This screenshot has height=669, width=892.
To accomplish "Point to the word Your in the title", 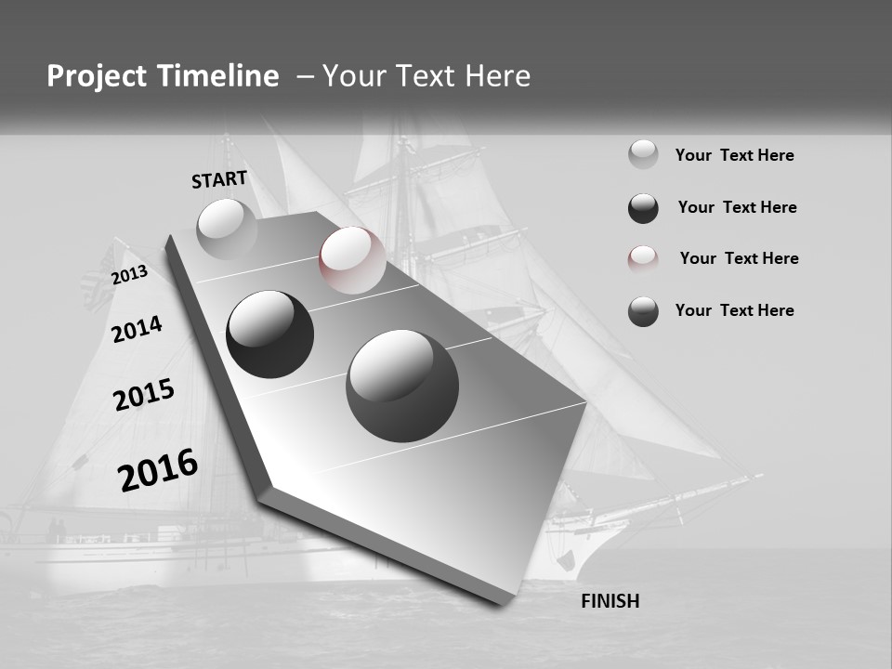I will [352, 76].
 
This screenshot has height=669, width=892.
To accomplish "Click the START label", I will [219, 179].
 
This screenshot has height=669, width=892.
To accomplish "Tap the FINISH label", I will [610, 601].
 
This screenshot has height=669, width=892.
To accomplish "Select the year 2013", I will [129, 275].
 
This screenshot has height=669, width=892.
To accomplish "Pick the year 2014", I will [137, 329].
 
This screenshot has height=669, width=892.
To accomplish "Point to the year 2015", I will [144, 395].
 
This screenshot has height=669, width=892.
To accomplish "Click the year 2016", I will [158, 469].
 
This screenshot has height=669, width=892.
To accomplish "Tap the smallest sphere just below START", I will [227, 229].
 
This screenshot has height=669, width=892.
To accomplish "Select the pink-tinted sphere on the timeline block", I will [352, 259].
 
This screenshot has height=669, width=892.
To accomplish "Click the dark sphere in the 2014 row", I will [269, 334].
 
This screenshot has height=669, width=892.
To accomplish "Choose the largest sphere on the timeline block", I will [402, 386].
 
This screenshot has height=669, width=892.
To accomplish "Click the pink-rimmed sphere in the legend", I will [643, 259].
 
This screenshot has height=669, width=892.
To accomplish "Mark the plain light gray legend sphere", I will [643, 154].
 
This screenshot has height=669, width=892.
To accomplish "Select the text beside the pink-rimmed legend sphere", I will [739, 258].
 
